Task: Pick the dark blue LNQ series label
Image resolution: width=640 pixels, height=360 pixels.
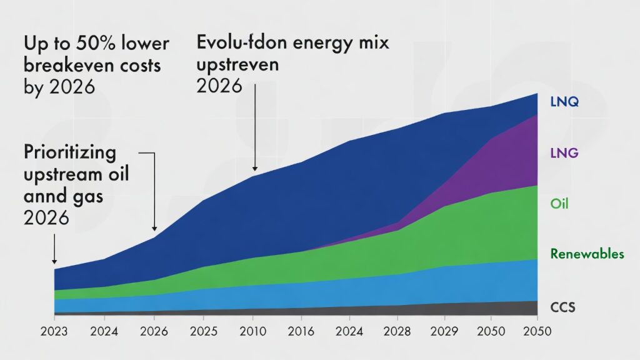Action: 565,101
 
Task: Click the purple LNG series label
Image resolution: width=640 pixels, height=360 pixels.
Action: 565,152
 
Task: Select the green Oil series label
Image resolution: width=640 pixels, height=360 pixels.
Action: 559,204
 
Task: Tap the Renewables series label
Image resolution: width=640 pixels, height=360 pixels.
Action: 587,254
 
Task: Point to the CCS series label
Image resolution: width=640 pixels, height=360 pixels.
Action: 562,307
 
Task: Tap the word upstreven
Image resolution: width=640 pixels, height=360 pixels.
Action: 237,65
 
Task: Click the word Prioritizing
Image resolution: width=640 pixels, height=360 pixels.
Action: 70,152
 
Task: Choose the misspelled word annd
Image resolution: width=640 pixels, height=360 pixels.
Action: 42,196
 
